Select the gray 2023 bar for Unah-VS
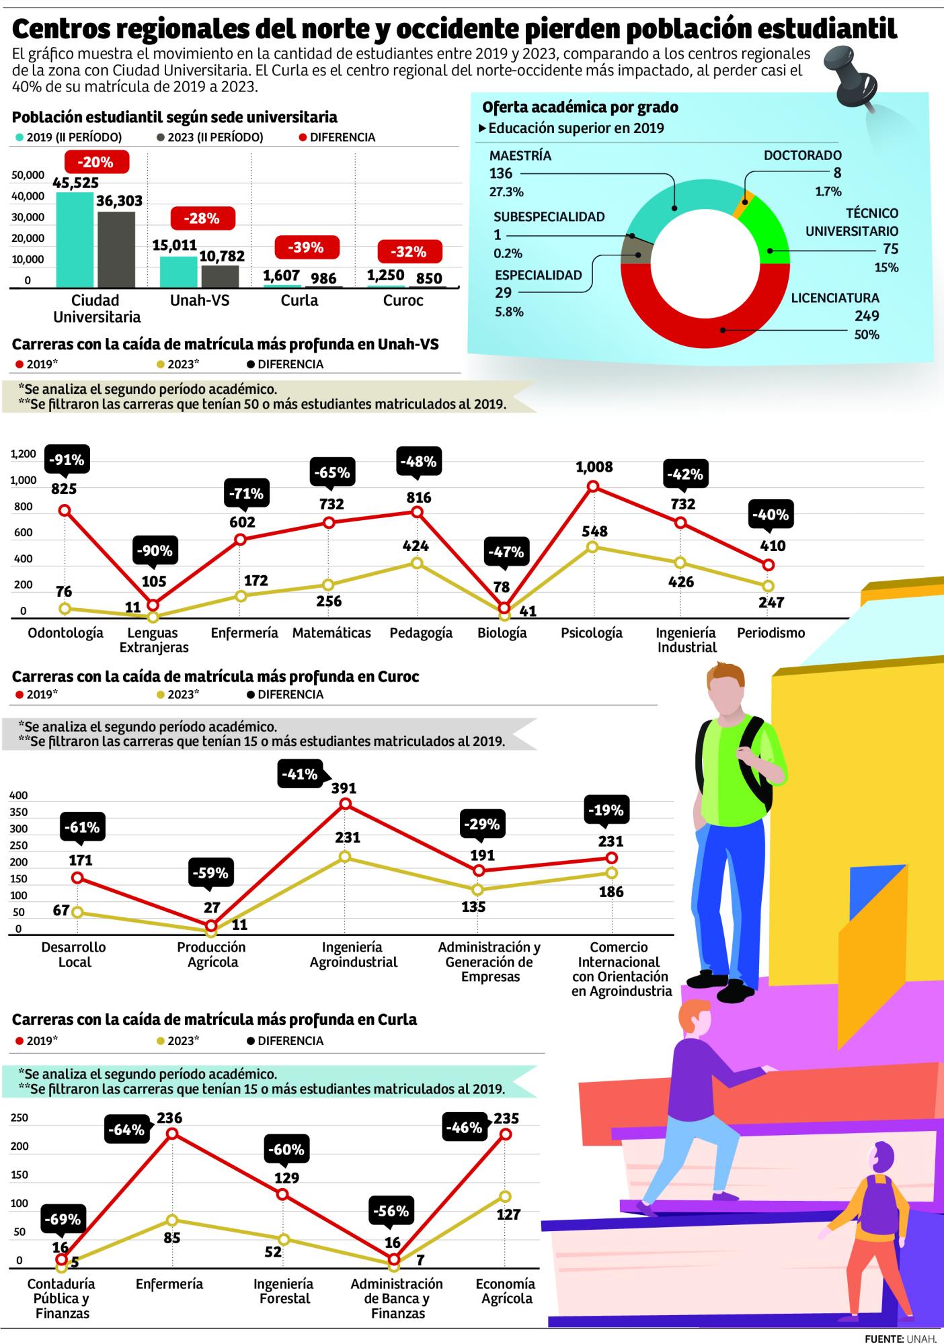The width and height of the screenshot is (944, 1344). [220, 276]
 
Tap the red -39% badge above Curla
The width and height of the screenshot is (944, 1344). [305, 248]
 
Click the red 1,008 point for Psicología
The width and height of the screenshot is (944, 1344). [593, 486]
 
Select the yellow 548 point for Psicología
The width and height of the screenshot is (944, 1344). [592, 547]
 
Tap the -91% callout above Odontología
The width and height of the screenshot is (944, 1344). [65, 460]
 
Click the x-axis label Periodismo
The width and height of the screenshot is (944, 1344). [771, 633]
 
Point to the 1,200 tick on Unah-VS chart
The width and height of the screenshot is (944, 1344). [24, 454]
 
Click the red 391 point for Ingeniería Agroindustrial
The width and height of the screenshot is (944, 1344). [346, 804]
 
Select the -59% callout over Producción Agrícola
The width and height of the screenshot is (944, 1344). [211, 874]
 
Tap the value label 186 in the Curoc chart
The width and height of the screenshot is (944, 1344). [611, 892]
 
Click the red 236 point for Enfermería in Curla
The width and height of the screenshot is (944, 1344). [172, 1134]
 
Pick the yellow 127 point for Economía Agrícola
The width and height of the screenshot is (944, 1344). [505, 1196]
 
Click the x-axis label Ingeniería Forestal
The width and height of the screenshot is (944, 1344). [284, 1290]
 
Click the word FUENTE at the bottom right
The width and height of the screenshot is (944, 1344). [883, 1338]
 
